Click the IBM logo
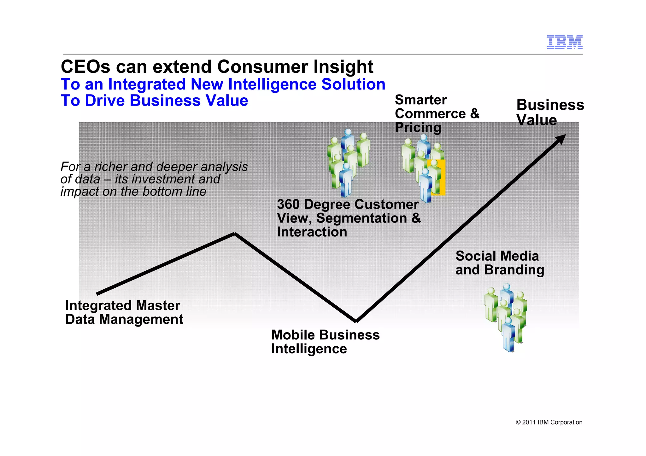[x=564, y=42]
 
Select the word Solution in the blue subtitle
[x=353, y=84]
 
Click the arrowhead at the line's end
[x=561, y=139]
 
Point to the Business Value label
[x=550, y=113]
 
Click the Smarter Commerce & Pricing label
[x=437, y=114]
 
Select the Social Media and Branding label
[x=500, y=263]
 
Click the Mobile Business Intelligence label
[x=325, y=342]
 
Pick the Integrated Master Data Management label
[x=124, y=312]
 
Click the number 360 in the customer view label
[x=288, y=205]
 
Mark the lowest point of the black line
[x=356, y=321]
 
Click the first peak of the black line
[x=234, y=234]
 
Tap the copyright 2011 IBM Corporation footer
[x=549, y=422]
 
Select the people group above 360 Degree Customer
[x=348, y=162]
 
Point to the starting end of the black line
[x=97, y=294]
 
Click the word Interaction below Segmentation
[x=312, y=232]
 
